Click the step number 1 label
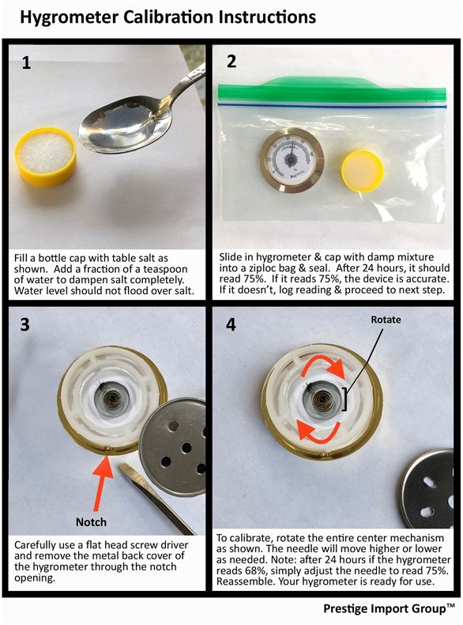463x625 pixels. [26, 63]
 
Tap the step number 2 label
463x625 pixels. [231, 62]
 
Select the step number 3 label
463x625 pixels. [25, 324]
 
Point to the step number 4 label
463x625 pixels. [231, 324]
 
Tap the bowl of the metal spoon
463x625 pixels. [119, 127]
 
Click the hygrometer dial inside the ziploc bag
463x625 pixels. [292, 158]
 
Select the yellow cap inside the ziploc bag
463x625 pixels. [363, 171]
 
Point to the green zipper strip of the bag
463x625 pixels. [332, 90]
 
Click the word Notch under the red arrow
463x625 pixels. [91, 522]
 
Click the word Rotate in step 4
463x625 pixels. [386, 320]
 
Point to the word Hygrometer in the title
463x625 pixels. [70, 17]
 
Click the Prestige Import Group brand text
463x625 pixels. [389, 608]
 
